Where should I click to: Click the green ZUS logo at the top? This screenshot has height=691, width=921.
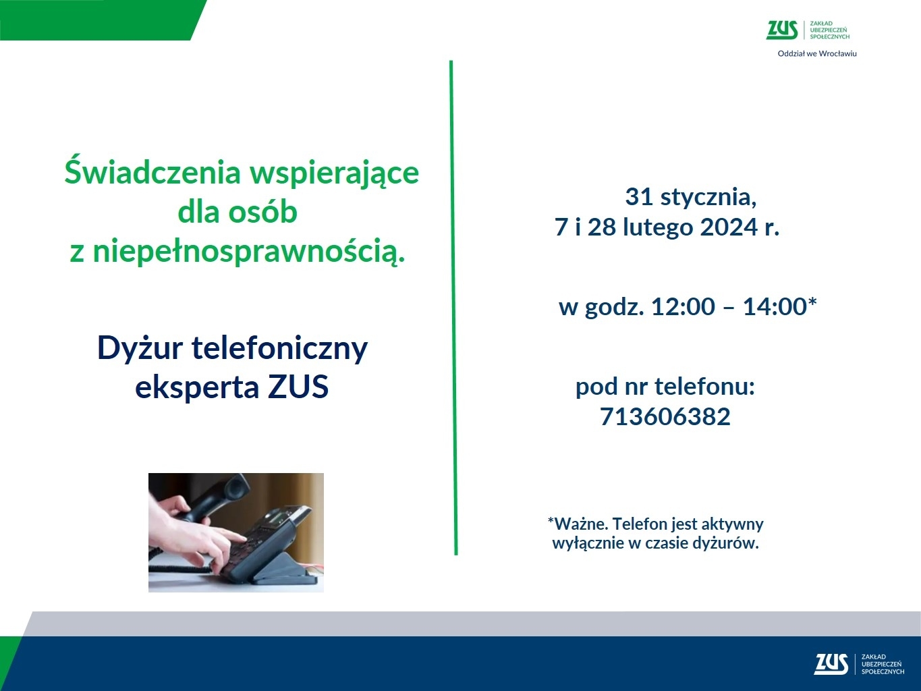click(x=808, y=30)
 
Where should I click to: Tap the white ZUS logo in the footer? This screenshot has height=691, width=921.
click(x=859, y=664)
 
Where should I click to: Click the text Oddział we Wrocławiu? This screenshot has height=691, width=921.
click(x=817, y=54)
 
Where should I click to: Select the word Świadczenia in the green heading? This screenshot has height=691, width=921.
click(x=152, y=172)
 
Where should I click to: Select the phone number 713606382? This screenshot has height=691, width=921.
click(x=665, y=416)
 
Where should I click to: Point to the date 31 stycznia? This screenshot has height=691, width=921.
click(x=691, y=197)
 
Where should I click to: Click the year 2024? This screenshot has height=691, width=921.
click(x=729, y=227)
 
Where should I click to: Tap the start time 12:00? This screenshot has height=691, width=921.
click(x=683, y=306)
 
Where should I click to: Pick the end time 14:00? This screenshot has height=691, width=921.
click(x=775, y=306)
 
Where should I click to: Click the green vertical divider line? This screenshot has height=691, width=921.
click(x=453, y=308)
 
